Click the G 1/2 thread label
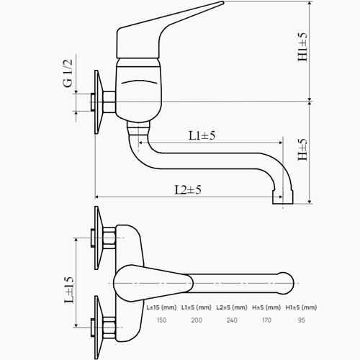(68, 73)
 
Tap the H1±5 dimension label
(302, 47)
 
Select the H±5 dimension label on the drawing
(302, 150)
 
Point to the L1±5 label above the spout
(202, 135)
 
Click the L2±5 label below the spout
(188, 190)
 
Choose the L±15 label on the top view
(69, 289)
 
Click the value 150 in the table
(161, 320)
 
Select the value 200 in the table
(197, 320)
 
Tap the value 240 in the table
(232, 320)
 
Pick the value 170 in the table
(266, 320)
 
